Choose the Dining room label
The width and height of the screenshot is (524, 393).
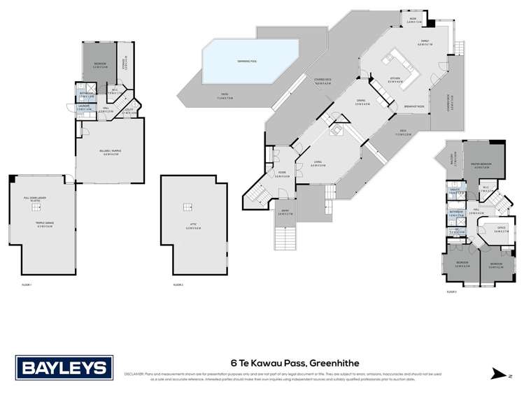360,102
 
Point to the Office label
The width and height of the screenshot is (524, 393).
500,230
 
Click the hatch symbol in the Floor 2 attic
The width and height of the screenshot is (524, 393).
186,206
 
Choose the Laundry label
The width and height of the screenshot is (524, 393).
84,108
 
